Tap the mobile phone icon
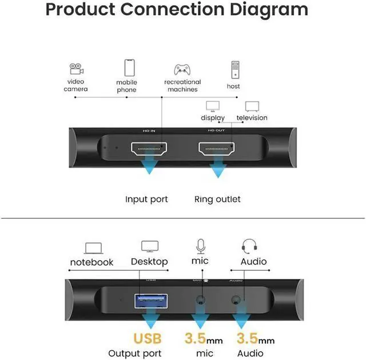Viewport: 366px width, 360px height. click(x=129, y=69)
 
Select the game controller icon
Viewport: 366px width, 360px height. click(x=182, y=70)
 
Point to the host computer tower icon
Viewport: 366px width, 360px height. click(x=234, y=70)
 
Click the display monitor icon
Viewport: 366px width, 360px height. click(x=212, y=106)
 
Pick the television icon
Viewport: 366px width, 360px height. click(x=252, y=106)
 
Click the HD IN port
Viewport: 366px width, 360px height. click(x=149, y=150)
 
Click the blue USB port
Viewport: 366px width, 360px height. click(x=151, y=299)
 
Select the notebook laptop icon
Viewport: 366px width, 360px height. click(x=93, y=248)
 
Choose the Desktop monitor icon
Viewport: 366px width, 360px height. click(x=150, y=247)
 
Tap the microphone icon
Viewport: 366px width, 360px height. click(x=201, y=246)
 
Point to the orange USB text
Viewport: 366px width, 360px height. click(x=148, y=338)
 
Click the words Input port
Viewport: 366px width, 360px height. click(x=146, y=199)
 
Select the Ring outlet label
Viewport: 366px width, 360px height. click(x=217, y=199)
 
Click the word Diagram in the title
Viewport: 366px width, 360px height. click(x=260, y=10)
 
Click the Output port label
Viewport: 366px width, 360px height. click(x=135, y=353)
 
